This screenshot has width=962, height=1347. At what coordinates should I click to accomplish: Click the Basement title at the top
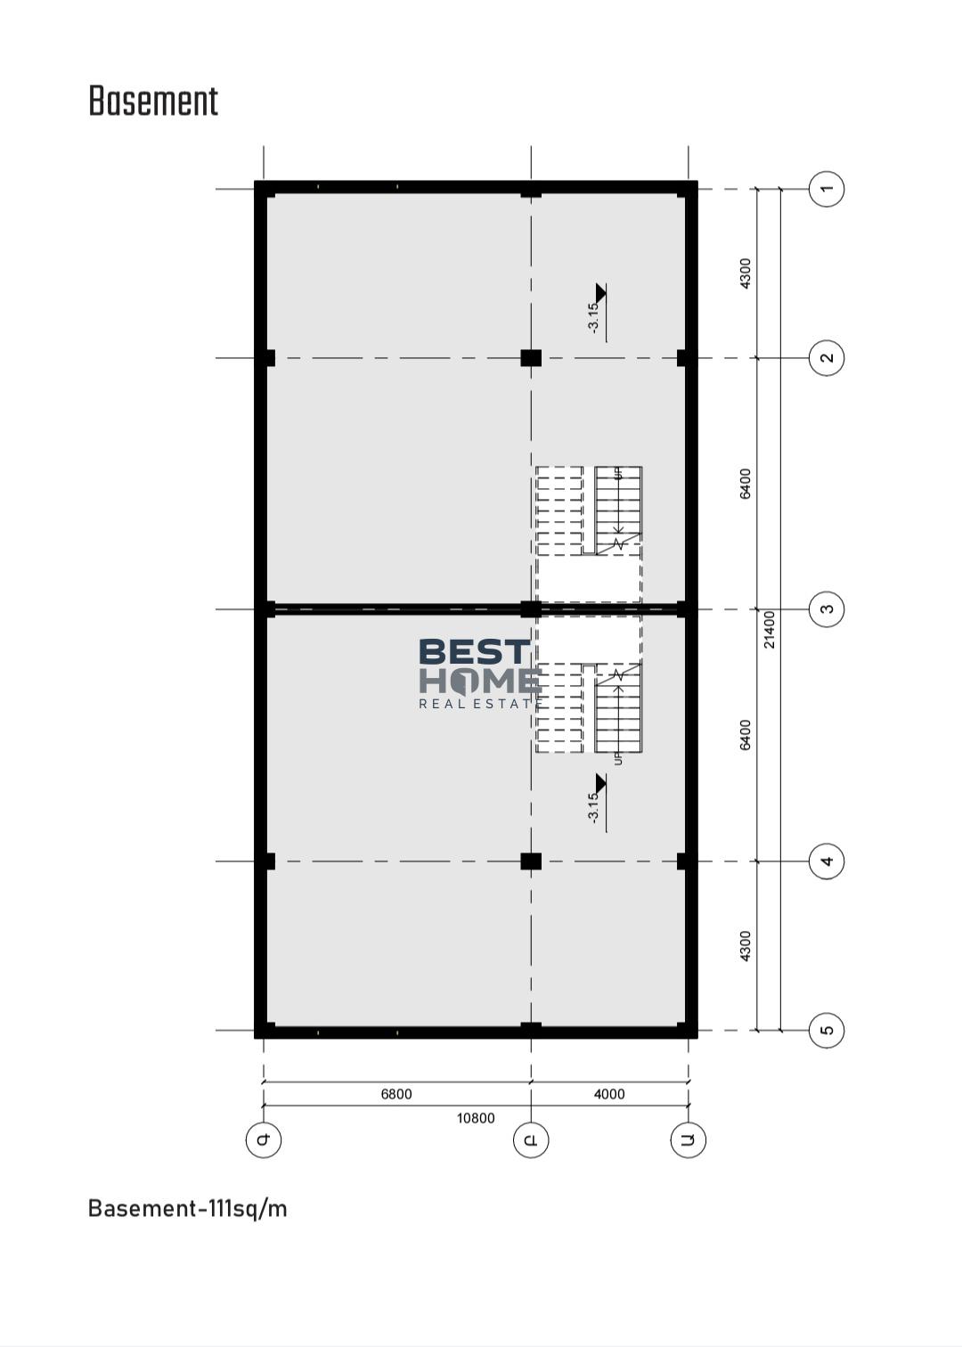point(153,101)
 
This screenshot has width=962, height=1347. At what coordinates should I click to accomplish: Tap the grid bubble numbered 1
point(827,189)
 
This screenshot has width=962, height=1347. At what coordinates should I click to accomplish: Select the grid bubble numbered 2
point(827,358)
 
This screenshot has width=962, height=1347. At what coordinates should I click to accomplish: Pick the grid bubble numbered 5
point(827,1030)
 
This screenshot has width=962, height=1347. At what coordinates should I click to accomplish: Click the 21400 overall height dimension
point(770,630)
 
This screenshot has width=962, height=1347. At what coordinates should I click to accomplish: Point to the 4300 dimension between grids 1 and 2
point(745,273)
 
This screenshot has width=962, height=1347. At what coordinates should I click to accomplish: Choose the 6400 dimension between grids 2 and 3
point(745,484)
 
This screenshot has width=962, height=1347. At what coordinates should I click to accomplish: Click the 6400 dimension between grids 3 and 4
point(745,735)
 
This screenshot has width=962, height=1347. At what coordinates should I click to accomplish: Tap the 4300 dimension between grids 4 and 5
point(745,945)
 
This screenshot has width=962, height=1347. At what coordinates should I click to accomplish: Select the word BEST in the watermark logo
point(475,651)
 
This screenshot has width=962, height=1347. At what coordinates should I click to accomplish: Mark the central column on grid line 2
point(531,358)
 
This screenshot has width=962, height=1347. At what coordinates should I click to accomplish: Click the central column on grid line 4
point(531,861)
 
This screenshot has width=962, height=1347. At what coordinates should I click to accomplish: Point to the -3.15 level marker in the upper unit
point(597,312)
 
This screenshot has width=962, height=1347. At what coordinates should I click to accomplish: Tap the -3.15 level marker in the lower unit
point(597,803)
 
